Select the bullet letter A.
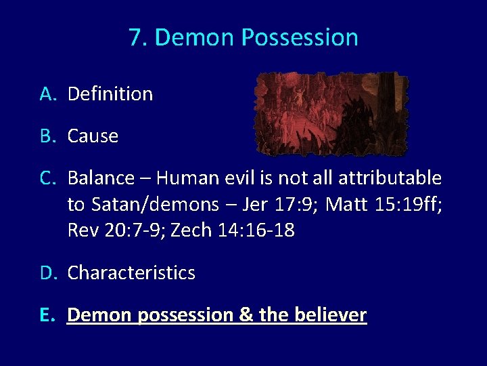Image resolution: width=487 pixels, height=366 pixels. pos(47,94)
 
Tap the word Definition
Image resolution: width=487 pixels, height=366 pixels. pos(110,94)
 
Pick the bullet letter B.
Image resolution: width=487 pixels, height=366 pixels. pos(47,136)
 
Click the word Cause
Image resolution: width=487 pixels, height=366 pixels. pos(93,136)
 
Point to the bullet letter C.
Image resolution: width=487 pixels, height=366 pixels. pos(47,178)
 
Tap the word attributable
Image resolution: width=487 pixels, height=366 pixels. pos(390,178)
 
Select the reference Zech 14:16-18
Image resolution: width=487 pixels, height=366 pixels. pos(233,231)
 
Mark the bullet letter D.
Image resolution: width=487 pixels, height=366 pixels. pos(47,273)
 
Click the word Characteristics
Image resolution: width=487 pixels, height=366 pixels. pos(131,273)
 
